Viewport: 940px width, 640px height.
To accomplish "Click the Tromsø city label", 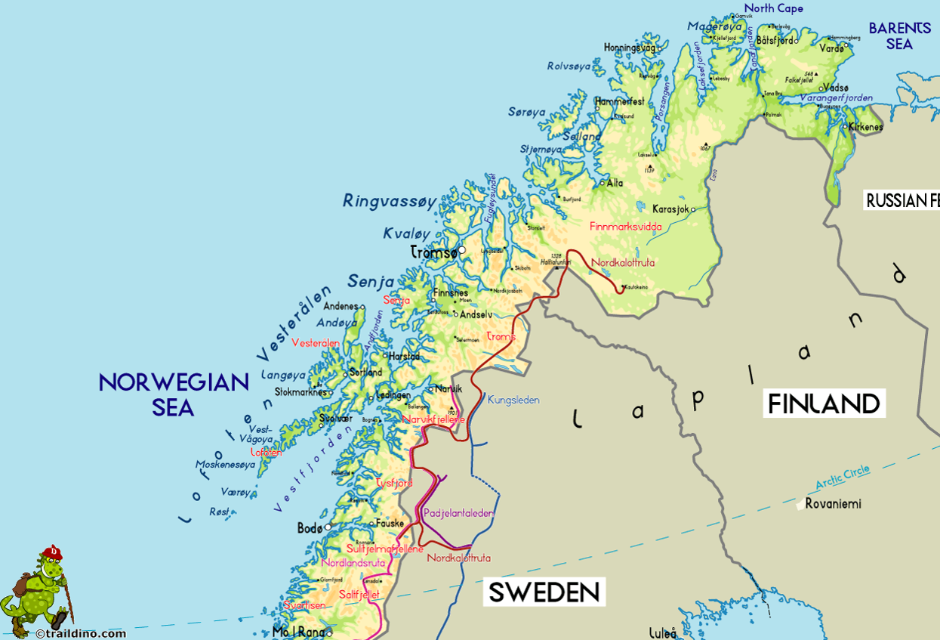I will (x=433, y=254).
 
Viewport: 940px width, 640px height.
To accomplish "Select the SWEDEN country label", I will (x=544, y=592).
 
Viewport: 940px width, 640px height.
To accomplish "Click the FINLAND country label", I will (x=824, y=403).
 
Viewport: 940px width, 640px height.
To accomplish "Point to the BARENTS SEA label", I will (x=899, y=36).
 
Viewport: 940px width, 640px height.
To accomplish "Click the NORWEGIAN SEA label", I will (x=174, y=394).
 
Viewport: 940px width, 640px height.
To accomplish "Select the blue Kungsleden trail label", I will (x=513, y=400).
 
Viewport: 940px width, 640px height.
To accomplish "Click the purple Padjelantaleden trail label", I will (x=459, y=513).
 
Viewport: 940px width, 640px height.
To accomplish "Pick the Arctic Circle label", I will (x=842, y=478).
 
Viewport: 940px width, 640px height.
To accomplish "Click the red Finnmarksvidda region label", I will (x=625, y=226).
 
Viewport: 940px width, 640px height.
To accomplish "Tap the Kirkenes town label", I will (x=865, y=127).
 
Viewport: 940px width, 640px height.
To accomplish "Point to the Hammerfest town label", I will (x=619, y=100).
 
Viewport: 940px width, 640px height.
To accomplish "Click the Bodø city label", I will (x=310, y=529).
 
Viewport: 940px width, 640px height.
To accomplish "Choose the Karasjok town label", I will (x=670, y=209).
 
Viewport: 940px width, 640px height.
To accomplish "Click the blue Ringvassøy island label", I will (x=390, y=201).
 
